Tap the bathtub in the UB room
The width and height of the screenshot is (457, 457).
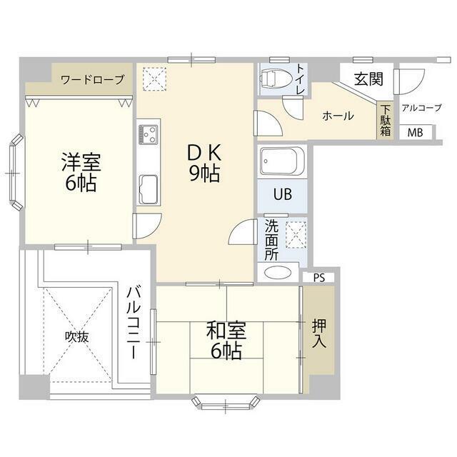[x=282, y=162]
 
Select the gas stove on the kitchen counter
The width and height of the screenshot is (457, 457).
[x=149, y=134]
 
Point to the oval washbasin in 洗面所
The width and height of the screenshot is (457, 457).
[x=278, y=273]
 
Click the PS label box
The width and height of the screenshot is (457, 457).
[x=319, y=278]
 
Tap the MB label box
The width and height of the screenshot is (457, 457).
[x=416, y=133]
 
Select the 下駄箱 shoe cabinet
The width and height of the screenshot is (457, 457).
[x=385, y=120]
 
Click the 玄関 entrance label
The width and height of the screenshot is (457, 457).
[x=368, y=79]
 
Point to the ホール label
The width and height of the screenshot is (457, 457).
[x=338, y=116]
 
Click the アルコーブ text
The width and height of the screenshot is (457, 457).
[x=422, y=108]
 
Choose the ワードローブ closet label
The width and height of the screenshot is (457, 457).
[x=93, y=79]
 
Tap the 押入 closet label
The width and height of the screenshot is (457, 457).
[x=319, y=333]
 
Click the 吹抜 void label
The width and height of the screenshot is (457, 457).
[x=76, y=337]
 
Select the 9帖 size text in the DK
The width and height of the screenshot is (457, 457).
[x=205, y=174]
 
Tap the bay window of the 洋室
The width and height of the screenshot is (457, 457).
[x=16, y=172]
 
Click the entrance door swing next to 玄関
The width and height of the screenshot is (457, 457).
[x=408, y=81]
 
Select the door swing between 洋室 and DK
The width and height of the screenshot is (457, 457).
[x=147, y=226]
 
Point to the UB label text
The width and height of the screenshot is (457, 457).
[x=283, y=194]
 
